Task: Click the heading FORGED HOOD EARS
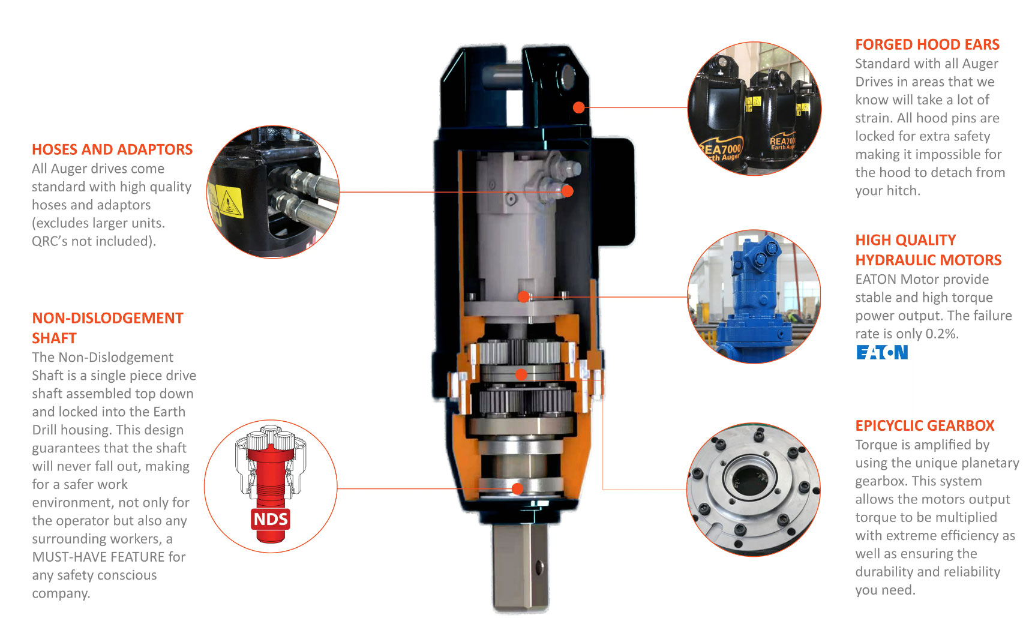927,44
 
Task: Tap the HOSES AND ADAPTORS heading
112,149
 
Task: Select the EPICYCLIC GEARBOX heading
925,425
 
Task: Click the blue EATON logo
882,352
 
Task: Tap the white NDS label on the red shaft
271,519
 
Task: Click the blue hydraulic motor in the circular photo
752,298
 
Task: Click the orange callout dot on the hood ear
578,107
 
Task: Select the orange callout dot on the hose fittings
568,191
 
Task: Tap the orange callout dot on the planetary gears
521,374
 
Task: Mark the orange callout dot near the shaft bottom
517,488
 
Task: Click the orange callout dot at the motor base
524,296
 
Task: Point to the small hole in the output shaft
539,565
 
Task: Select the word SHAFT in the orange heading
54,338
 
